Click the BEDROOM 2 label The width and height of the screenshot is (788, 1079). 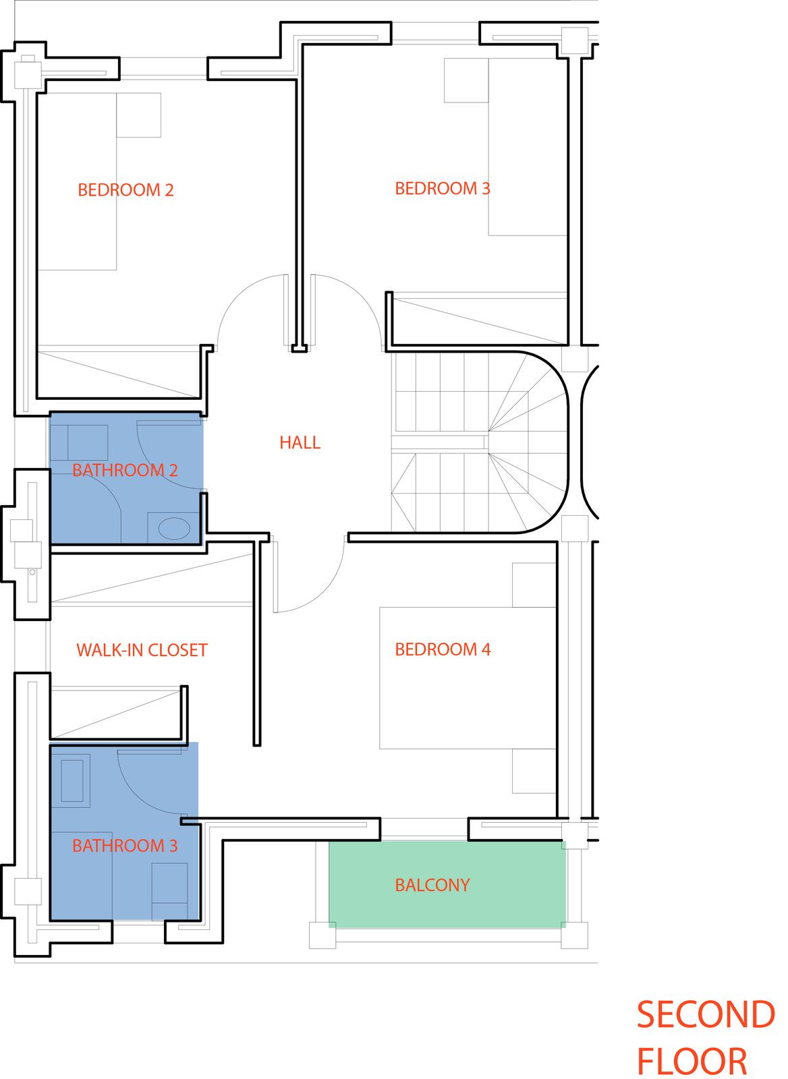coord(125,190)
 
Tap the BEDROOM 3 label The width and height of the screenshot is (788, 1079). coord(442,189)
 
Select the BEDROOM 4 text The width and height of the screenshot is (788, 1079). coord(443,649)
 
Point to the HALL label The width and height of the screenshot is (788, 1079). coord(300,442)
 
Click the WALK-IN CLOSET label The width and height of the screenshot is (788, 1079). coord(142,650)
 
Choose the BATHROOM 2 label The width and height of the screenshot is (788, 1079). coord(125,470)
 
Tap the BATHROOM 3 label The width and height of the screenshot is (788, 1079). coord(125,846)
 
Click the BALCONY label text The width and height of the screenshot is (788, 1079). coord(432,885)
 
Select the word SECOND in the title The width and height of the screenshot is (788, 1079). coord(705,1016)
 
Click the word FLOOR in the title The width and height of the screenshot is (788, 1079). coord(692,1062)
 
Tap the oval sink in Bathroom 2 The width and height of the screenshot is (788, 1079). coord(174,528)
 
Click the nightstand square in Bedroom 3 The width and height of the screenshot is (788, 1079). coord(466,80)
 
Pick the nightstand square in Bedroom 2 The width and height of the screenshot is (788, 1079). coord(138,115)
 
